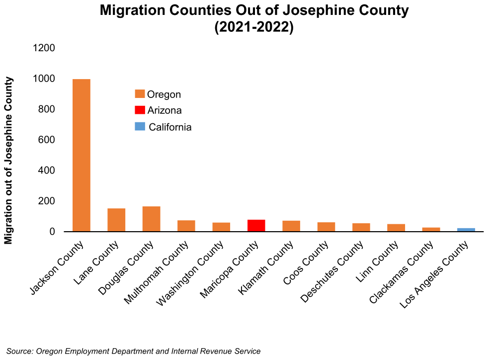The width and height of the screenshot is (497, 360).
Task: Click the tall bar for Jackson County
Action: (82, 155)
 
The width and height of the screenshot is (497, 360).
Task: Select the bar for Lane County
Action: (116, 220)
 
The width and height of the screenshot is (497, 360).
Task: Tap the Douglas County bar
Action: (151, 219)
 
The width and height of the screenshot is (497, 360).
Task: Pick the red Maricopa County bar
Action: (256, 226)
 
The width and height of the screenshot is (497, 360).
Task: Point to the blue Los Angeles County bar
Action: (466, 230)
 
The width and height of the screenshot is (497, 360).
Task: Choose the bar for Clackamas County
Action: (431, 229)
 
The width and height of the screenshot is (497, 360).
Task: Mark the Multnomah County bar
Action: (186, 226)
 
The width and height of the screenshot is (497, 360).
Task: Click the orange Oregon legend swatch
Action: (140, 94)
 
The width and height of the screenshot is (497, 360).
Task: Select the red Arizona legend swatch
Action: (140, 110)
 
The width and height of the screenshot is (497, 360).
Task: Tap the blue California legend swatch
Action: (140, 126)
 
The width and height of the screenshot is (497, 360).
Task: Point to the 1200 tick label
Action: (43, 48)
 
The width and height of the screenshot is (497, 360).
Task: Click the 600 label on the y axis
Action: (47, 140)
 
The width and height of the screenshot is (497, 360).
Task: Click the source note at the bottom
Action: (133, 351)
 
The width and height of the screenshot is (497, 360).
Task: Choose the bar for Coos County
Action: (326, 227)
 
